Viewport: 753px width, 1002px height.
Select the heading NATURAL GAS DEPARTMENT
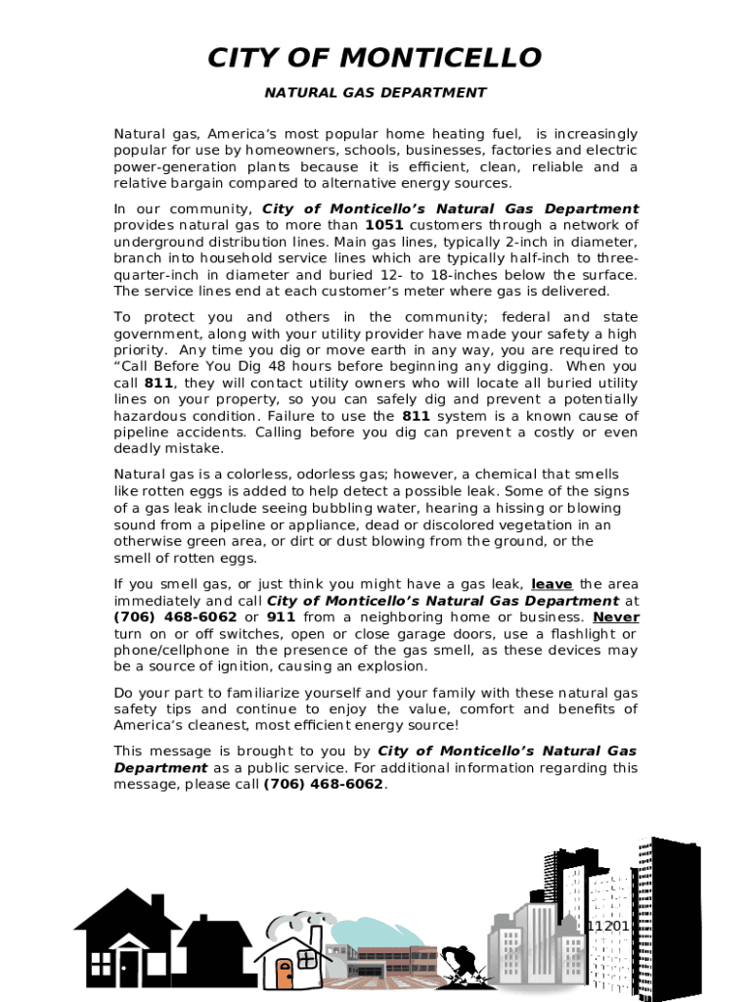[376, 93]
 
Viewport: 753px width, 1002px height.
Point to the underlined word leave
[552, 584]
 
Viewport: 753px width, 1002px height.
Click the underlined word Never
[616, 617]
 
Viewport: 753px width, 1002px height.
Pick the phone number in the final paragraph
[324, 784]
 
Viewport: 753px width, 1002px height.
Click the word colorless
[232, 475]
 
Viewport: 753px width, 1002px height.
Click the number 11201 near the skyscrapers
[609, 926]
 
